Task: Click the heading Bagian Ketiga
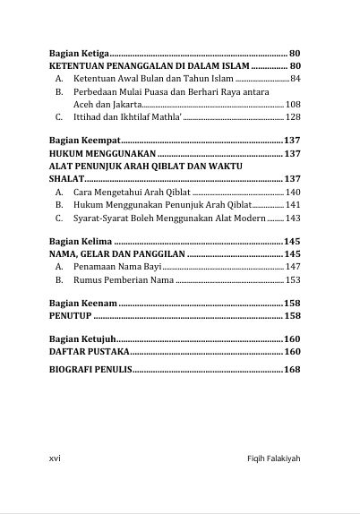[x=78, y=54]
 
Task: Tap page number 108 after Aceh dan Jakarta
[x=293, y=105]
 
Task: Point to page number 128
[x=293, y=117]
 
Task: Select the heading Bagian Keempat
[x=81, y=141]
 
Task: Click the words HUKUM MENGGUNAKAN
[x=96, y=154]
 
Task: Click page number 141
[x=293, y=204]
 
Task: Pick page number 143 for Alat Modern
[x=293, y=218]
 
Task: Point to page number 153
[x=293, y=279]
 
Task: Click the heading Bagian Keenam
[x=81, y=304]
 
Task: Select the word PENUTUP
[x=71, y=316]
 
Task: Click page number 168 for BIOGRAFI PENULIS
[x=292, y=369]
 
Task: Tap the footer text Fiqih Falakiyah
[x=273, y=458]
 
